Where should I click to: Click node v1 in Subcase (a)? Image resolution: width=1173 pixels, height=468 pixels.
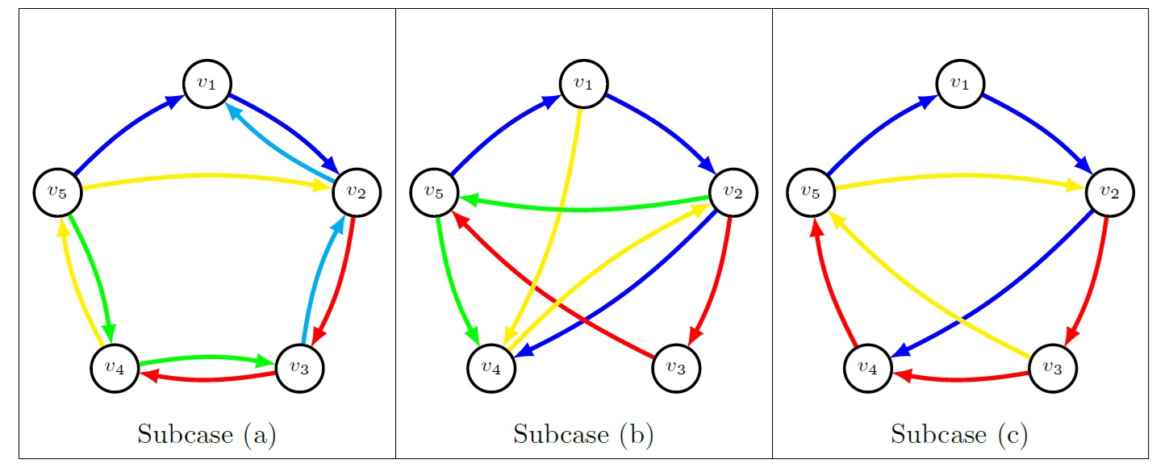[x=207, y=83]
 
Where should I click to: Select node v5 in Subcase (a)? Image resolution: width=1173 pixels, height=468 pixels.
[x=57, y=192]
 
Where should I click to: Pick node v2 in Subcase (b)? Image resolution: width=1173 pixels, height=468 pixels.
[x=733, y=192]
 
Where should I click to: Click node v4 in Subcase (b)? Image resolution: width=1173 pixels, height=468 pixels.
[x=490, y=369]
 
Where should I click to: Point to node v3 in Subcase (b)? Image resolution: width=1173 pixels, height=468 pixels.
[x=676, y=369]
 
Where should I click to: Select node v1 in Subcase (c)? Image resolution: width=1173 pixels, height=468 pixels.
[x=960, y=83]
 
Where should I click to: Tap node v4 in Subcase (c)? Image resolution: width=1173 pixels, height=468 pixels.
[x=867, y=369]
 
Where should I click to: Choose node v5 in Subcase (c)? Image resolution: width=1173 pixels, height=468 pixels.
[x=811, y=192]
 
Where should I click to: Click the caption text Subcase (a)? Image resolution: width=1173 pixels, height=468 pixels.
[x=207, y=435]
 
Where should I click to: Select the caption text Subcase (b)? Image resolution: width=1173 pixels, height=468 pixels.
[x=583, y=435]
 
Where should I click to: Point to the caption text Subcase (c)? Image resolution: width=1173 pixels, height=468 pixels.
[x=960, y=435]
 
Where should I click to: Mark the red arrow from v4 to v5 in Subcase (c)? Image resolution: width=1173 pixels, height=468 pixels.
[x=827, y=282]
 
